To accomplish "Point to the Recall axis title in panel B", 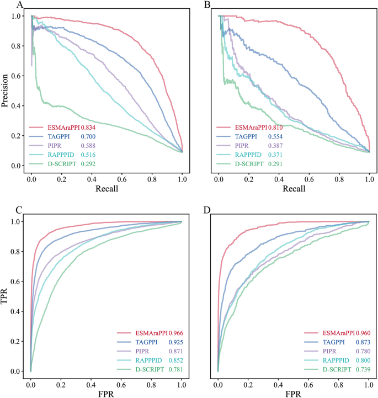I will (x=294, y=189).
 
